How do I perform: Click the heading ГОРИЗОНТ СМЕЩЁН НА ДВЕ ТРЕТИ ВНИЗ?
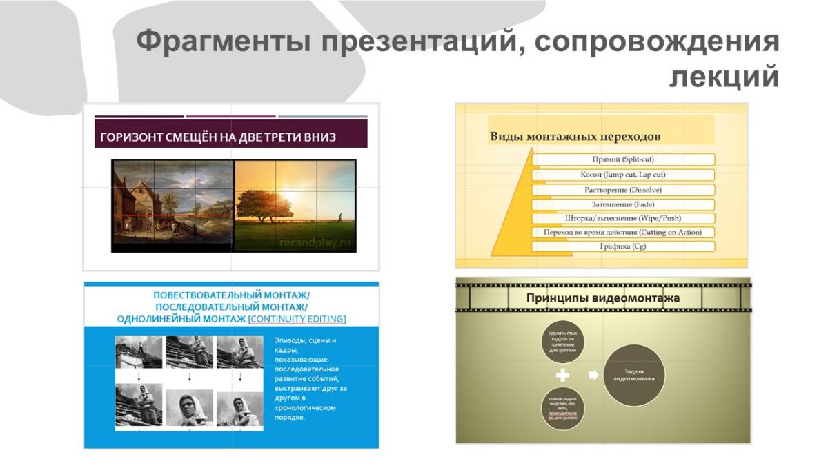point(218,137)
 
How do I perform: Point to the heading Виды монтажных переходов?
point(575,136)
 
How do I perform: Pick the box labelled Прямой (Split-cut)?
point(622,159)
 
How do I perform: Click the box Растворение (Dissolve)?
point(622,190)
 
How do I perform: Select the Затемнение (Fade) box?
point(622,204)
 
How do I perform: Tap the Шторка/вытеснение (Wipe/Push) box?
point(622,218)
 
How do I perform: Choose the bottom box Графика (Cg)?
point(622,246)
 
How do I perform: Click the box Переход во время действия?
point(622,233)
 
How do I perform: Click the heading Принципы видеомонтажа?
point(602,298)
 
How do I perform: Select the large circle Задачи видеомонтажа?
point(634,375)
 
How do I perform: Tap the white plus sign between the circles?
point(563,376)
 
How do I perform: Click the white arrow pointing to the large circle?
point(593,376)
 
